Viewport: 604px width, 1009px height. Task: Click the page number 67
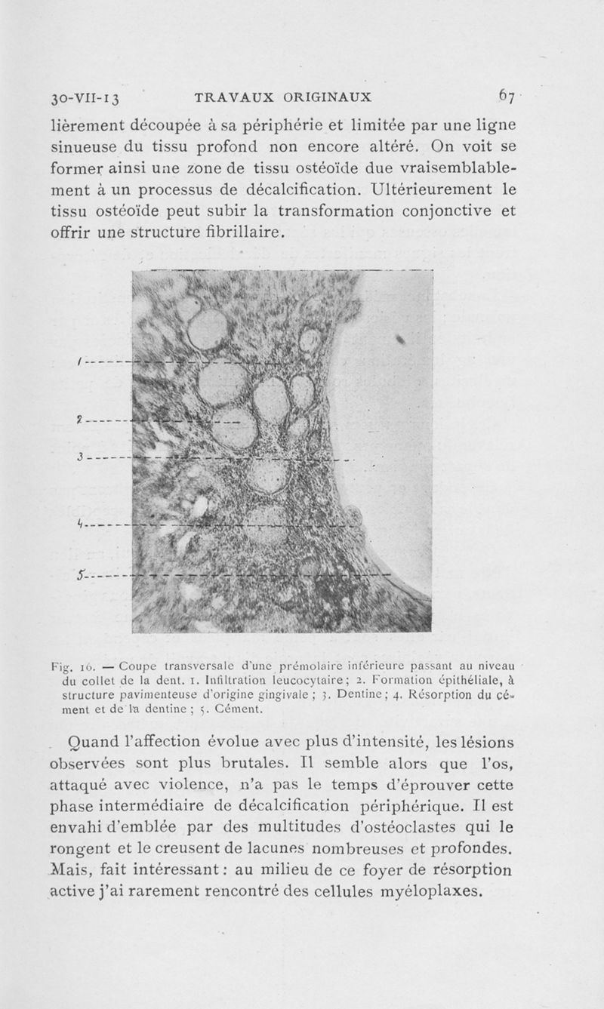tap(506, 96)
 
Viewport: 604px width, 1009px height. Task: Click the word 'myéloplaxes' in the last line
tap(428, 891)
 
